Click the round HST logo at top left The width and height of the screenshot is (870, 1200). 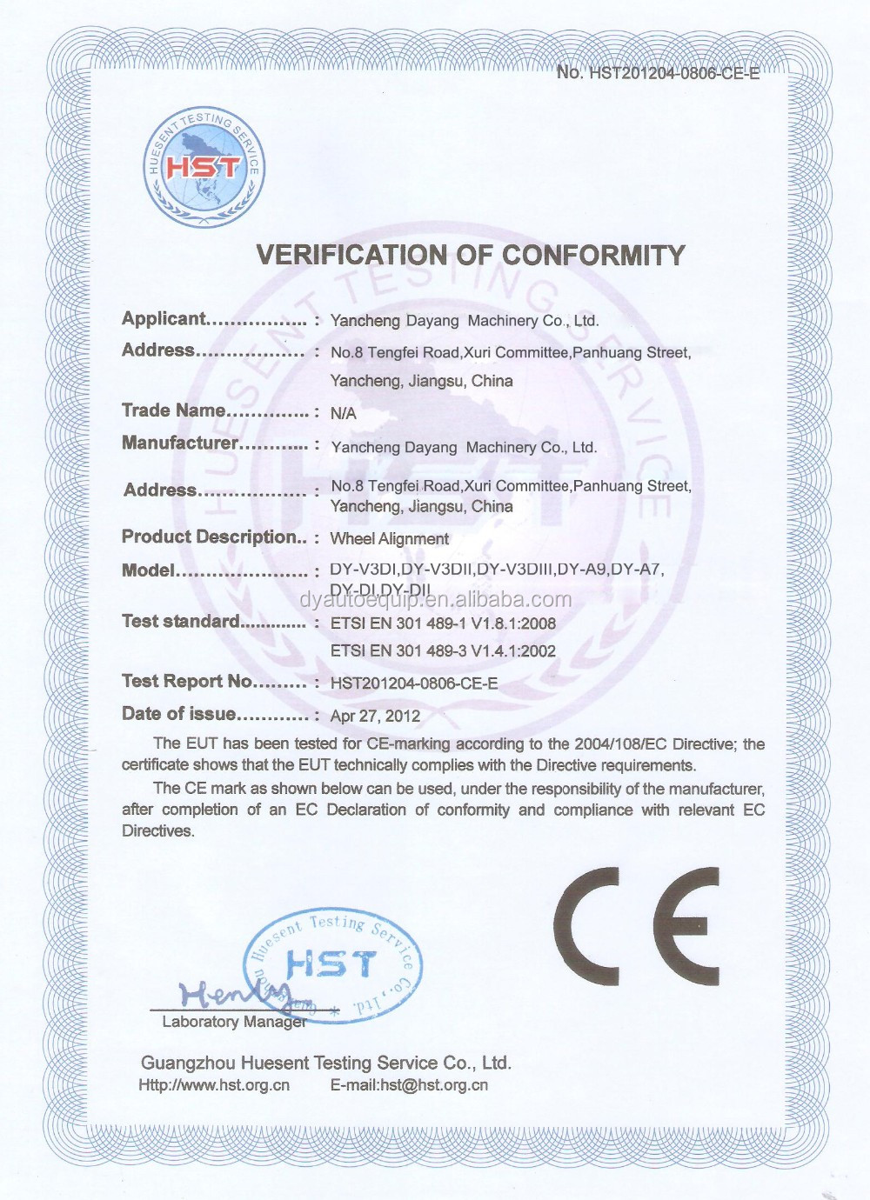click(x=203, y=168)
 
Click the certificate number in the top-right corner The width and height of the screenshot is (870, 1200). click(x=658, y=73)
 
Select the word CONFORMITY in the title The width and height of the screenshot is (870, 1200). click(x=593, y=256)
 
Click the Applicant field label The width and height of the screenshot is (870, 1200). click(x=164, y=319)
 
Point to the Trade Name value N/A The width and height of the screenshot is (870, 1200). click(x=343, y=413)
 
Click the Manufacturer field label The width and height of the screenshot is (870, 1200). click(x=179, y=443)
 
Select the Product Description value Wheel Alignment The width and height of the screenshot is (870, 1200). click(x=389, y=539)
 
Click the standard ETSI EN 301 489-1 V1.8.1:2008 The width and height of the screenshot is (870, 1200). click(x=443, y=623)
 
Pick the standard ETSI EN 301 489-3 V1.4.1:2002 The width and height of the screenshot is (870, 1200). click(x=443, y=651)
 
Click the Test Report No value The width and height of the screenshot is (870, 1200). click(x=414, y=683)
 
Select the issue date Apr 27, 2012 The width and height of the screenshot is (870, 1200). click(x=375, y=717)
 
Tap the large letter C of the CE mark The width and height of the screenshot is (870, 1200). click(x=587, y=926)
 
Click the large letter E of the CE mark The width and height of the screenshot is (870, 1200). click(x=687, y=926)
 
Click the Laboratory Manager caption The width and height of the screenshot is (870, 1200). click(x=233, y=1022)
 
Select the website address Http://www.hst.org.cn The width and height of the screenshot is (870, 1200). click(x=214, y=1085)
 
